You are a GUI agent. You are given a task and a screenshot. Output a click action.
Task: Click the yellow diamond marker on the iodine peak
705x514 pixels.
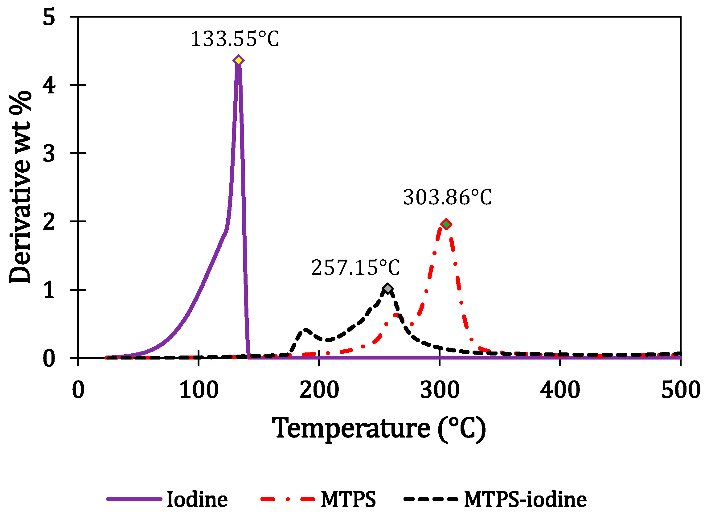coord(239,60)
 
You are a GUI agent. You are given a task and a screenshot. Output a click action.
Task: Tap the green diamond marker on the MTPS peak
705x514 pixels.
coord(446,224)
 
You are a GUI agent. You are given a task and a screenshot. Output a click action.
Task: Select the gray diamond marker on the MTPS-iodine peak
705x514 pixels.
coord(387,289)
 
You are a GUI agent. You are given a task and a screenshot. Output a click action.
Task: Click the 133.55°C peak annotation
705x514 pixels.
coord(235,39)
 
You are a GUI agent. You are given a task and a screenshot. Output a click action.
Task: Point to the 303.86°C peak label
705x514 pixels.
coord(447,198)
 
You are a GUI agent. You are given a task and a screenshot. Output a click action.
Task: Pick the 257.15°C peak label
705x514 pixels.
coord(355,268)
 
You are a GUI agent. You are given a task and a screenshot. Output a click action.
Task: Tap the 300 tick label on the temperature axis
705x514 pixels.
coord(440,390)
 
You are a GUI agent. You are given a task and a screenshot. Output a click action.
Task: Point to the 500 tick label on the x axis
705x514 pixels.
coord(680,390)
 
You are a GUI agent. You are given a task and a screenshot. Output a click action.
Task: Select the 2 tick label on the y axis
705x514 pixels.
coord(49,222)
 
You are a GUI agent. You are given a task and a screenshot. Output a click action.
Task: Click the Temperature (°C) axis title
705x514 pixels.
coord(379,429)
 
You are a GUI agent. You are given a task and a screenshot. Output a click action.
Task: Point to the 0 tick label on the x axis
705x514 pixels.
coord(78,390)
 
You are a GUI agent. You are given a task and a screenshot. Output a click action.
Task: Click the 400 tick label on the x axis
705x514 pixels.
coord(560,390)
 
